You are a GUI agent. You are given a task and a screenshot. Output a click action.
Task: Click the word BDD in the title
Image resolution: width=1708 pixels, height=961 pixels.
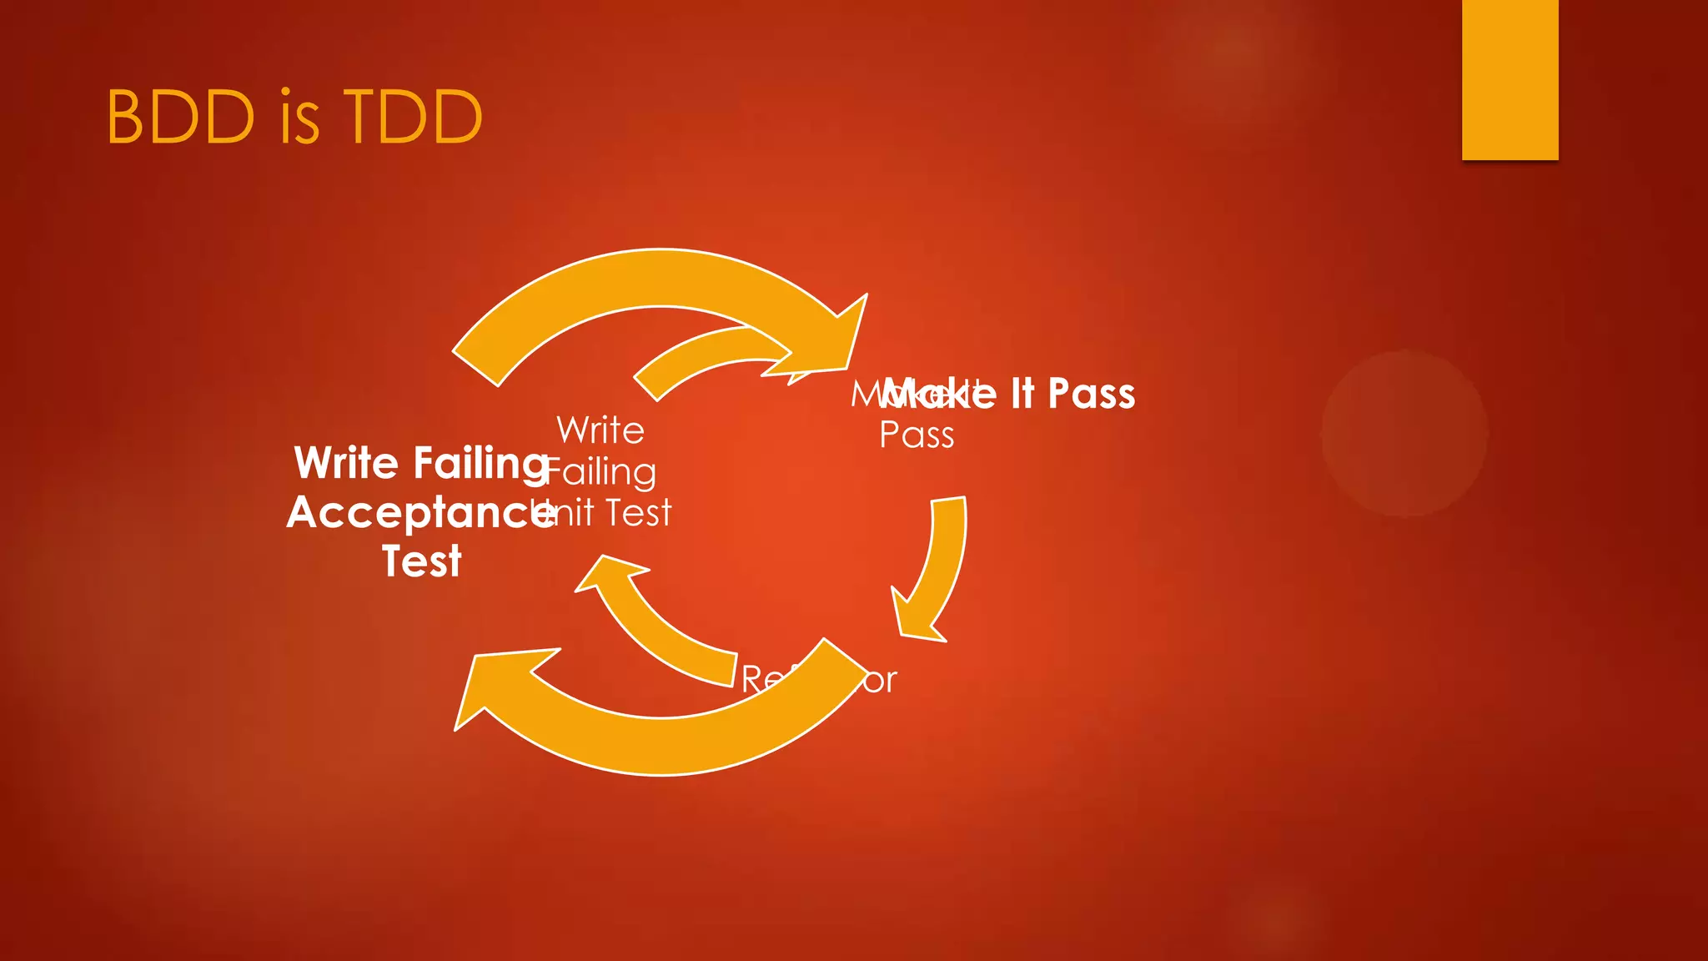coord(180,117)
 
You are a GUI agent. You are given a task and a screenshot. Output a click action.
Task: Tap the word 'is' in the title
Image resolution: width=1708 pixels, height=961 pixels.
coord(299,117)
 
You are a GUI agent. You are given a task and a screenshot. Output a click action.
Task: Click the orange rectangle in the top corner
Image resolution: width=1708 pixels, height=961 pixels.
coord(1510,79)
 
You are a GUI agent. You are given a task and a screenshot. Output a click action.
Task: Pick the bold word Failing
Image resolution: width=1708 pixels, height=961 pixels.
coord(480,465)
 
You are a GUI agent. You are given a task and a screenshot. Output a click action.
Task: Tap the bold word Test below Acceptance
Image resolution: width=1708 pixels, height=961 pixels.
coord(421,561)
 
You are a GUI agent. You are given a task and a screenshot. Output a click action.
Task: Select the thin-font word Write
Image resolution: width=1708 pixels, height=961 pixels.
coord(600,430)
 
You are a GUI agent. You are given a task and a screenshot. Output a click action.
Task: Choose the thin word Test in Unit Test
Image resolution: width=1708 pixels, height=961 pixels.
coord(638,513)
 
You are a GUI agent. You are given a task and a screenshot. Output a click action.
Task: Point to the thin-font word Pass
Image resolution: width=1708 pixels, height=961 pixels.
coord(917,435)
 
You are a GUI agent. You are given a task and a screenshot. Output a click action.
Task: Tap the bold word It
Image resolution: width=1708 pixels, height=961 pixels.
coord(1022,394)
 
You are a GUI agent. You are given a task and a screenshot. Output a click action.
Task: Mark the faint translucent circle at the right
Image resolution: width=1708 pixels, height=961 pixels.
coord(1404,434)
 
